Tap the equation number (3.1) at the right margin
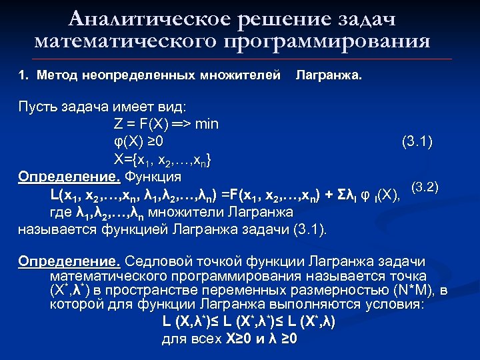coord(417,141)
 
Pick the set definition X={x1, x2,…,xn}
coord(163,159)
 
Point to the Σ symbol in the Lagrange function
coord(338,195)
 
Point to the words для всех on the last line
coord(188,339)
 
